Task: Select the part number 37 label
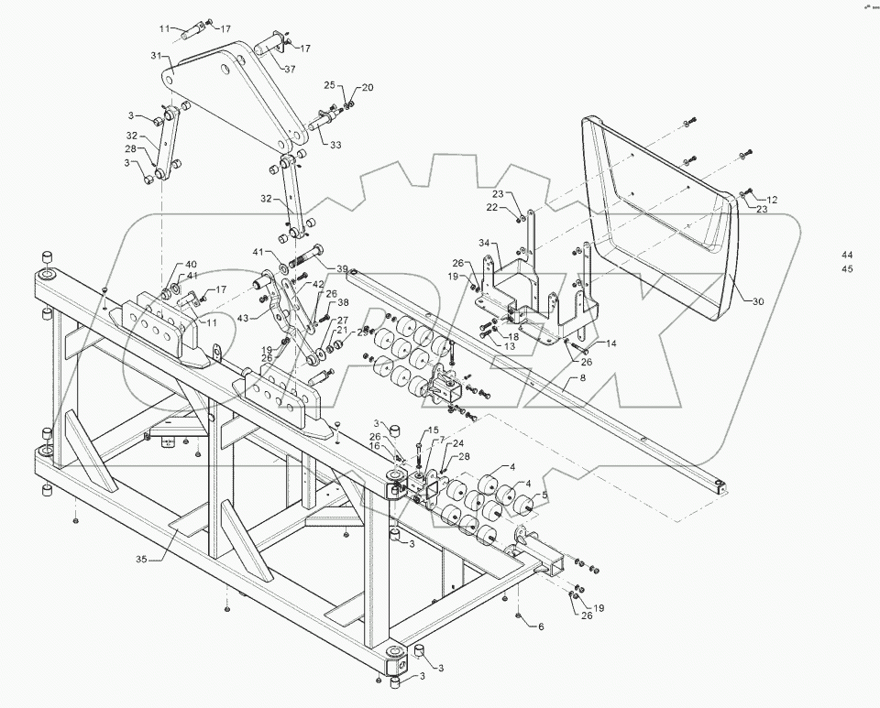[289, 70]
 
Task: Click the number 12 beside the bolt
[772, 199]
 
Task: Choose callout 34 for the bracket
[482, 243]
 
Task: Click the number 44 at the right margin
[847, 254]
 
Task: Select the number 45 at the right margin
[847, 268]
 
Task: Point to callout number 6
[541, 626]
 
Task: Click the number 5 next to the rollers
[544, 496]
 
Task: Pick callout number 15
[433, 430]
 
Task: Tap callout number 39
[341, 268]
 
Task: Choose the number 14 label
[611, 343]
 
